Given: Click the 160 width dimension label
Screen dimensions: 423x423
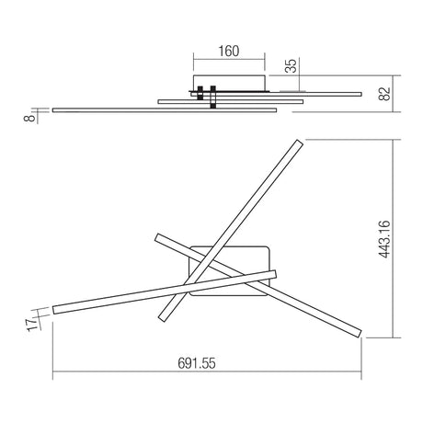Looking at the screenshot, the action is click(x=229, y=51).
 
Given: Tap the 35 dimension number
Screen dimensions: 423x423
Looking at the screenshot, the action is click(x=292, y=66).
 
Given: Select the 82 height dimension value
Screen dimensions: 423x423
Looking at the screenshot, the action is click(x=385, y=94).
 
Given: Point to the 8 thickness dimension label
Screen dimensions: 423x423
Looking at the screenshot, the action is click(x=29, y=118).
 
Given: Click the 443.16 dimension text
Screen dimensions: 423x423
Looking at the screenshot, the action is click(x=384, y=239).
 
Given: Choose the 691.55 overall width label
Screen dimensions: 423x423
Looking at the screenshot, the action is click(x=197, y=363).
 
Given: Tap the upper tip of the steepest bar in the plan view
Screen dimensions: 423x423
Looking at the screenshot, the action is click(x=300, y=142).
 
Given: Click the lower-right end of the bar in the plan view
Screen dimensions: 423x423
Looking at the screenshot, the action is click(x=360, y=335).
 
